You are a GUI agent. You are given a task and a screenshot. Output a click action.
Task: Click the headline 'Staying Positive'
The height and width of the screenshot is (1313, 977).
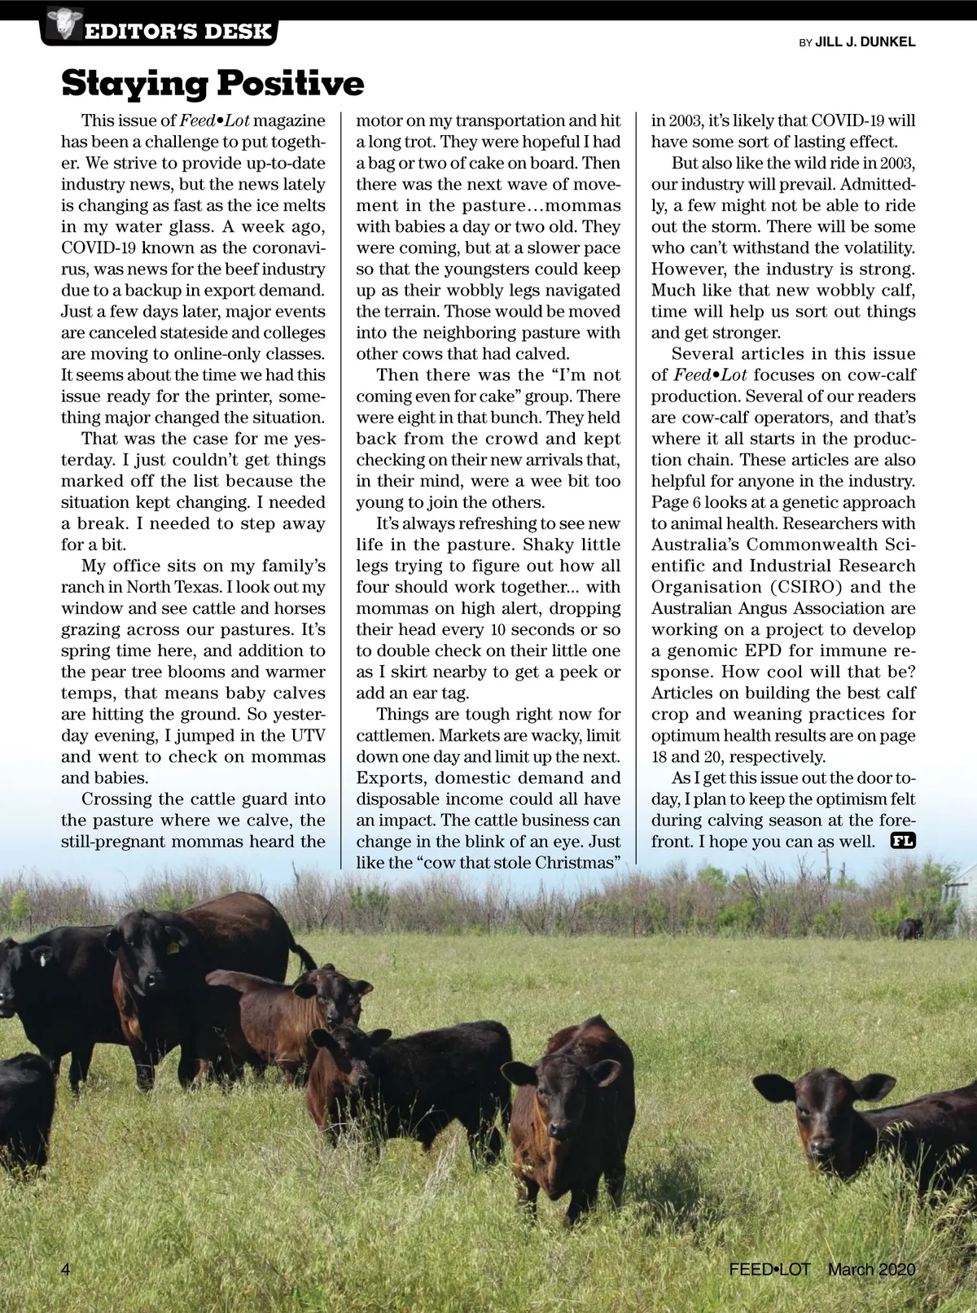(212, 83)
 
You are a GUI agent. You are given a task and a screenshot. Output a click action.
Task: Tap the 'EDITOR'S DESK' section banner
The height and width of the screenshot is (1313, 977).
(177, 32)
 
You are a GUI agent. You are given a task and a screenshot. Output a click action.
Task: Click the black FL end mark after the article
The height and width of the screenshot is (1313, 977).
(903, 841)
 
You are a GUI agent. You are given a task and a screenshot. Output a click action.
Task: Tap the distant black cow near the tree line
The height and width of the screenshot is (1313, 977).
(910, 928)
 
